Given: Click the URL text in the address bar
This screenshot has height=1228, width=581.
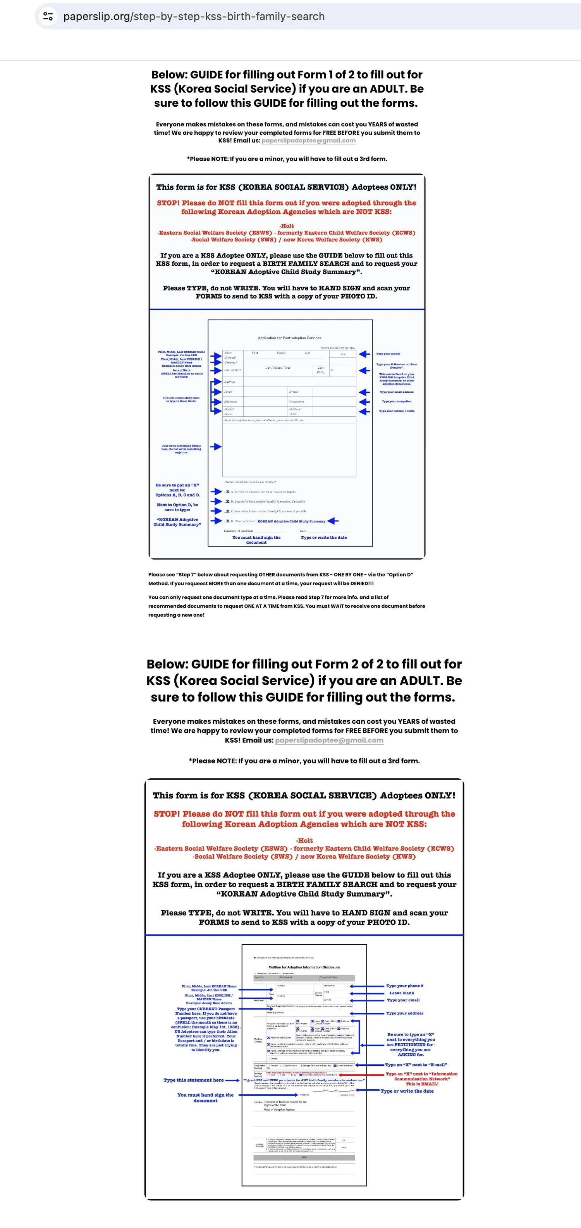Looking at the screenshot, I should pos(194,16).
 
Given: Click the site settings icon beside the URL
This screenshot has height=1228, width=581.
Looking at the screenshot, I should pos(48,16).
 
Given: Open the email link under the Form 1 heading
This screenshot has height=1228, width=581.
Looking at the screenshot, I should pos(308,141).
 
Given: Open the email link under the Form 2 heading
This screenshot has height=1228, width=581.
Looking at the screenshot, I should pos(329,740).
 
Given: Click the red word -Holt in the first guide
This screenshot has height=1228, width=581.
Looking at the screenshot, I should pos(287,226).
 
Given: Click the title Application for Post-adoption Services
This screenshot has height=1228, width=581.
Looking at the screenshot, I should pos(289,338).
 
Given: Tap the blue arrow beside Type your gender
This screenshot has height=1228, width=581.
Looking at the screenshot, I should pos(364,354).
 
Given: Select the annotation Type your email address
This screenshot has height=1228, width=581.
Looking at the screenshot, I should pos(397,392).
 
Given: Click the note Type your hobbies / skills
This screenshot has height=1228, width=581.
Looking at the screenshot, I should pos(397,410).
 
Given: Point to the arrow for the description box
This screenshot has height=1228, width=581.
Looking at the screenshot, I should pos(216,447).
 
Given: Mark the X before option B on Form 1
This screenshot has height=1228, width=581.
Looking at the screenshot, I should pos(227,502).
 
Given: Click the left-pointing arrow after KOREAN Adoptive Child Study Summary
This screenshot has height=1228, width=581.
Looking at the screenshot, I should pos(333,521).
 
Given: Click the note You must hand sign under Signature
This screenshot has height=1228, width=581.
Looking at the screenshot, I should pos(256,539).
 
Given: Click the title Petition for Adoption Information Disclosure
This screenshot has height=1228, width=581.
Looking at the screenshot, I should pos(304,967).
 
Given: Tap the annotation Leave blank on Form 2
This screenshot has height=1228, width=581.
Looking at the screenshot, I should pos(401,993).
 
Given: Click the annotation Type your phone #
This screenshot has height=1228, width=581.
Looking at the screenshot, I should pos(405,986).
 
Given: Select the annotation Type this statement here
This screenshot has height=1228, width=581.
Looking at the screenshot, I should pos(193,1080).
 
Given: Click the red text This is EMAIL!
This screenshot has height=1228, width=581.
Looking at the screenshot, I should pos(422,1084).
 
